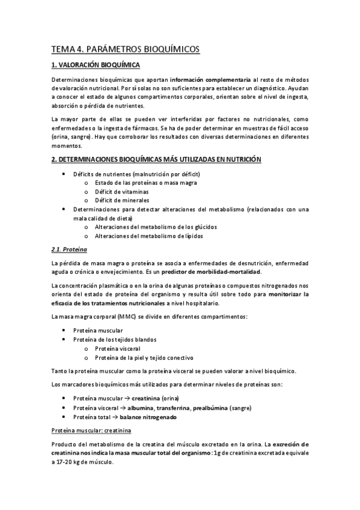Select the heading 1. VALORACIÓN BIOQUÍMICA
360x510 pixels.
tap(96, 65)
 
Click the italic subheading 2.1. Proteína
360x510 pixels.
tap(69, 249)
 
